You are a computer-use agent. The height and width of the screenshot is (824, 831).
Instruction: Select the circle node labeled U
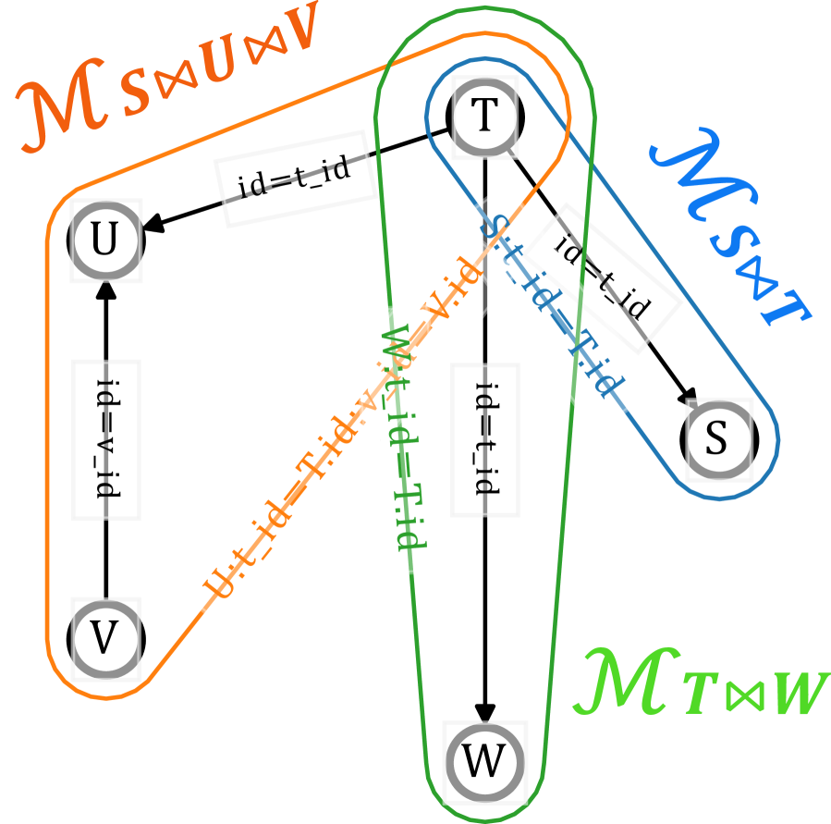coord(105,242)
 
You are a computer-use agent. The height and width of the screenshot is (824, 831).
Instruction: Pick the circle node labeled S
coord(717,440)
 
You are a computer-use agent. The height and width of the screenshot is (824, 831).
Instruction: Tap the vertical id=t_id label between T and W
coord(485,439)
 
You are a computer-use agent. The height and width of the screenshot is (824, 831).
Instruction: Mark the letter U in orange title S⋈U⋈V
coord(215,66)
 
